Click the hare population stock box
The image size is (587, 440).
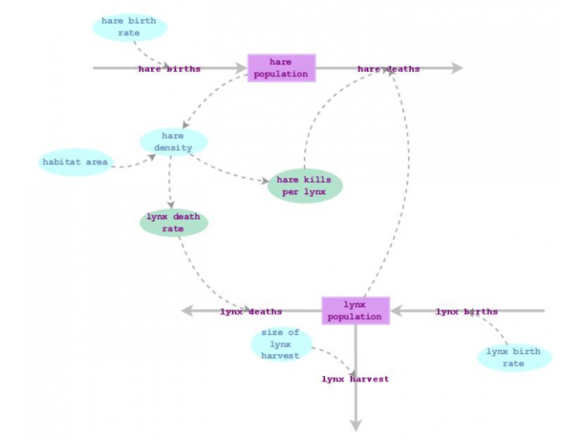pos(281,68)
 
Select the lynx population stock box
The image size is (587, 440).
pos(355,311)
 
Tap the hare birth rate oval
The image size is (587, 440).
pos(130,27)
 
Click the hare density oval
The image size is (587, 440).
pos(174,142)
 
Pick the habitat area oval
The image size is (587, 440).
pos(75,162)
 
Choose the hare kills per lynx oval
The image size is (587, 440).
pos(305,186)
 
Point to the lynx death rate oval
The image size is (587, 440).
pos(174,223)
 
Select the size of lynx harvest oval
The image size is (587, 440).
pos(281,344)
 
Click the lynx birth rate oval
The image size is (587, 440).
pos(514,357)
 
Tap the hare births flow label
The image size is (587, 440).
pos(169,69)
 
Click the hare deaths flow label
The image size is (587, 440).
pos(389,69)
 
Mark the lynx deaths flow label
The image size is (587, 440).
pos(251,312)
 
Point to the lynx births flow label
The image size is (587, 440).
pos(467,312)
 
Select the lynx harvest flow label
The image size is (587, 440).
pos(355,379)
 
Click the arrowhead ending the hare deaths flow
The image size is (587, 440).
pos(457,68)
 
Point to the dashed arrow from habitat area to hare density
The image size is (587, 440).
pos(136,164)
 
